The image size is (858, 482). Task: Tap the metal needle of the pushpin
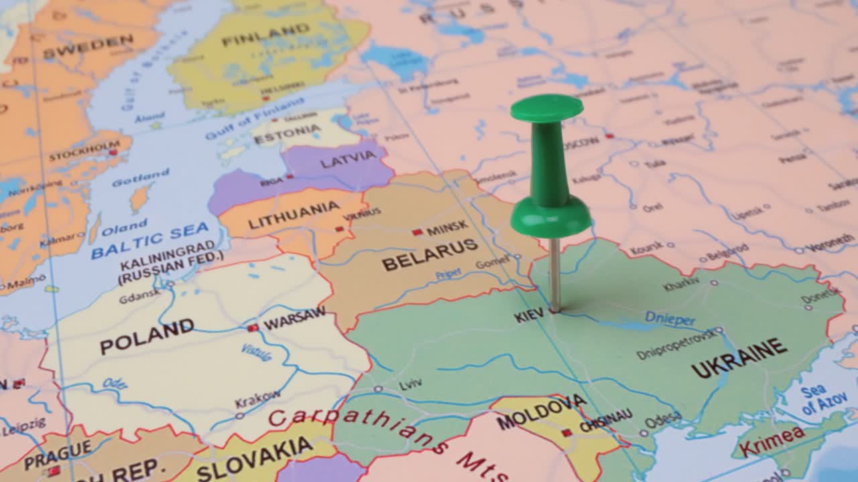554,274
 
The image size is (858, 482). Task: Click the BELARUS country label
430,255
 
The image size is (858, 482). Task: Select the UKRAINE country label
739,358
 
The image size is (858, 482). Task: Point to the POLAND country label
147,336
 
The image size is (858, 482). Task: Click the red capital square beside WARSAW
253,328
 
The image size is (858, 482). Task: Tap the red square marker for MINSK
417,232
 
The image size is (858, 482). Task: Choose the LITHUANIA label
294,215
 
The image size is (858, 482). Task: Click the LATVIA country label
349,159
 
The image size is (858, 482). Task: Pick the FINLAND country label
266,35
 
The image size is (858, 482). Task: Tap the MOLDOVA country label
542,411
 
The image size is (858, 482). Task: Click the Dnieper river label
670,319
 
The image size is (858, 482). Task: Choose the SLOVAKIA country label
255,458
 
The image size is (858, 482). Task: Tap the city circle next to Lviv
379,388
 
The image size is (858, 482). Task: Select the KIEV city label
530,315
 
